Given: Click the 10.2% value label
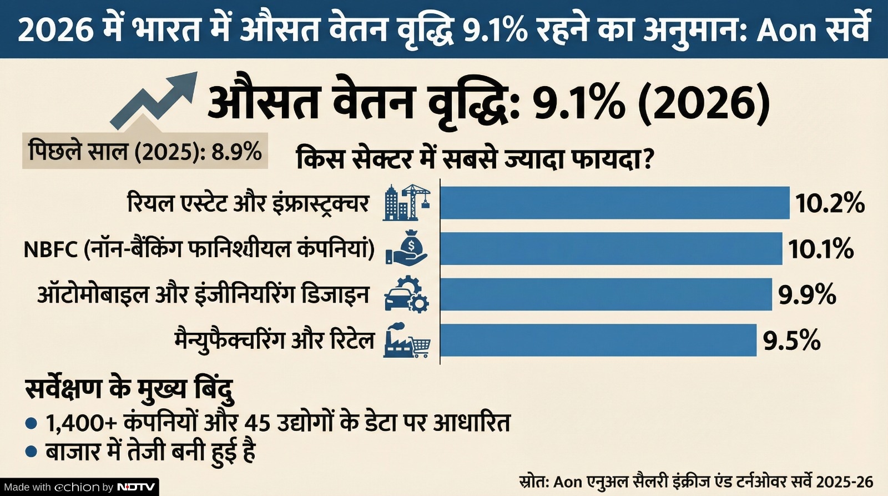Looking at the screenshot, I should [830, 204].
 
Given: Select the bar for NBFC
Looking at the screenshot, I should [610, 249].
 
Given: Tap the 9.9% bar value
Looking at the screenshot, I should [806, 294].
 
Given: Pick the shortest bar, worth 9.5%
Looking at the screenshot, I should [598, 340].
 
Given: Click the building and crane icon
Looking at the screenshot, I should [407, 203].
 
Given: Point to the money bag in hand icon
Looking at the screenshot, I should [407, 248].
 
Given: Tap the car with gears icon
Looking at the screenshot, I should [407, 294].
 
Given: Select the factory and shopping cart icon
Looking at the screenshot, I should [407, 340].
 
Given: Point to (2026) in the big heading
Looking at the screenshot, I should [704, 103].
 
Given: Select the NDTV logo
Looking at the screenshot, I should [137, 487].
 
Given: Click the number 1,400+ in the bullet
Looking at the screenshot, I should [81, 423].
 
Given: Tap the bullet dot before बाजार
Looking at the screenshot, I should [32, 451].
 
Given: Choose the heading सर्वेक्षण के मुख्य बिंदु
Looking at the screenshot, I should [129, 389].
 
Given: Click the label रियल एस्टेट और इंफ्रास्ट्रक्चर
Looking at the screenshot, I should [248, 203].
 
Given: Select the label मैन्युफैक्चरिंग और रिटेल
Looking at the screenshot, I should [275, 340].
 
